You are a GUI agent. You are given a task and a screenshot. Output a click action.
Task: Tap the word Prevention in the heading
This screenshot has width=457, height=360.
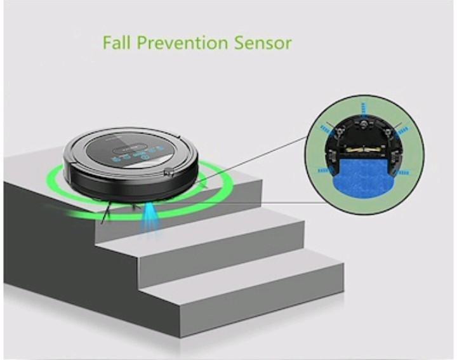pos(182,43)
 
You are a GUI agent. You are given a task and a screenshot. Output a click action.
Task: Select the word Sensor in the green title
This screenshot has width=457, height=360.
pos(263,43)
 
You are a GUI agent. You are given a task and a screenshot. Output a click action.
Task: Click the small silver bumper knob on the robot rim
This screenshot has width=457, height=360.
pos(169,173)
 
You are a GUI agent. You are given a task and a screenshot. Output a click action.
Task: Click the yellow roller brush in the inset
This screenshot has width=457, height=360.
pos(364,149)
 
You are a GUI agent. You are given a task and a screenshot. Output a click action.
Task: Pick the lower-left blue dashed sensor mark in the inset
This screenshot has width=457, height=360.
pos(323,171)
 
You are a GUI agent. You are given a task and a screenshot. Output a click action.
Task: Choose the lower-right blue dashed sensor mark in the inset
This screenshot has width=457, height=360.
pos(403,172)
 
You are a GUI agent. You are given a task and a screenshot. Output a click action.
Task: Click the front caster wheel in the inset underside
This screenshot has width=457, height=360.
pos(363,124)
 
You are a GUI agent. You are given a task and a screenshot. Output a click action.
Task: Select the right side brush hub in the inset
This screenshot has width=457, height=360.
pos(387,132)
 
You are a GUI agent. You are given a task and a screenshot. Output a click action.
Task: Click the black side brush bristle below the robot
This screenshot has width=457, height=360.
pos(105,213)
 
